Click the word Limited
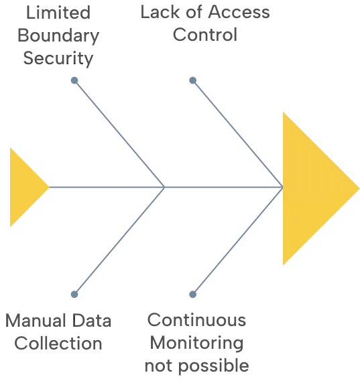[x=58, y=13]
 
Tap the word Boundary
[x=58, y=36]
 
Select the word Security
[x=58, y=58]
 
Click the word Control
[x=205, y=35]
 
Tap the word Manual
[x=35, y=321]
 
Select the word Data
[x=92, y=321]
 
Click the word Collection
[x=58, y=343]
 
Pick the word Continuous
[x=196, y=320]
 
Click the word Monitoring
[x=196, y=343]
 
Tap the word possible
[x=214, y=366]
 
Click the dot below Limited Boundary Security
[x=74, y=80]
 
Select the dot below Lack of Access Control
[x=193, y=80]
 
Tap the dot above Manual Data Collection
[x=74, y=294]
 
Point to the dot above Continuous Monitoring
[x=193, y=294]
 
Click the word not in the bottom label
[x=158, y=366]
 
